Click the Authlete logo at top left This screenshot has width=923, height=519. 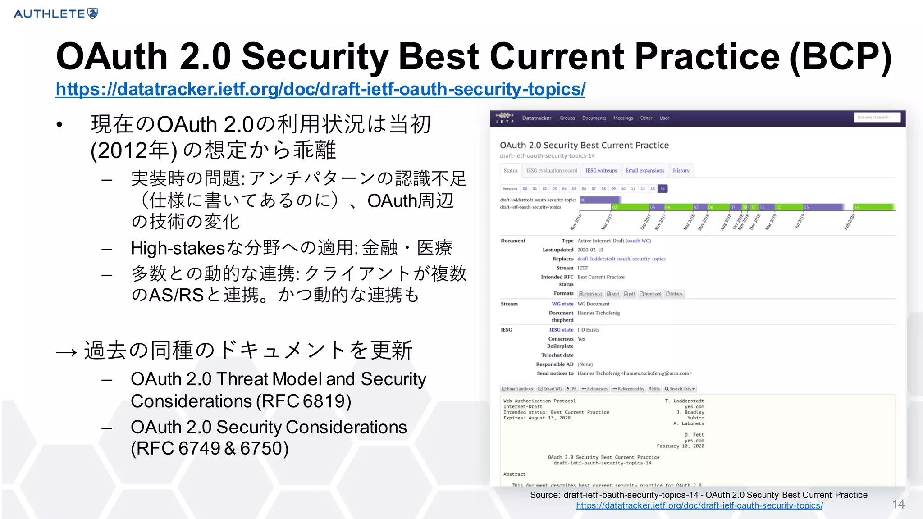[56, 14]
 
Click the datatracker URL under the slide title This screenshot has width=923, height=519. [320, 89]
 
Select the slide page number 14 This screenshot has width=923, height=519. [898, 504]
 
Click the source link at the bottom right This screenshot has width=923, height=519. [699, 505]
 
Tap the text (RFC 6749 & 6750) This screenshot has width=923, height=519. [210, 448]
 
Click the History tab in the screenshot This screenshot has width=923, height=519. [681, 171]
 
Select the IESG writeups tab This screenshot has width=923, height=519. [601, 171]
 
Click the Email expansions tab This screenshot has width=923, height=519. [644, 171]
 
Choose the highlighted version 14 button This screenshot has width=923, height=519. [662, 189]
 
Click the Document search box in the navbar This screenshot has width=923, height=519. [877, 118]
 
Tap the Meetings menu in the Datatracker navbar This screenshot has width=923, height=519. [623, 118]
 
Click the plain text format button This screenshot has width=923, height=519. [591, 294]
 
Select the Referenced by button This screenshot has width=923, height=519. [628, 389]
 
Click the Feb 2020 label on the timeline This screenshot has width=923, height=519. [849, 222]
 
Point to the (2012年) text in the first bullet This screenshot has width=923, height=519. [133, 150]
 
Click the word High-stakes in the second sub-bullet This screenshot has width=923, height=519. [178, 248]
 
